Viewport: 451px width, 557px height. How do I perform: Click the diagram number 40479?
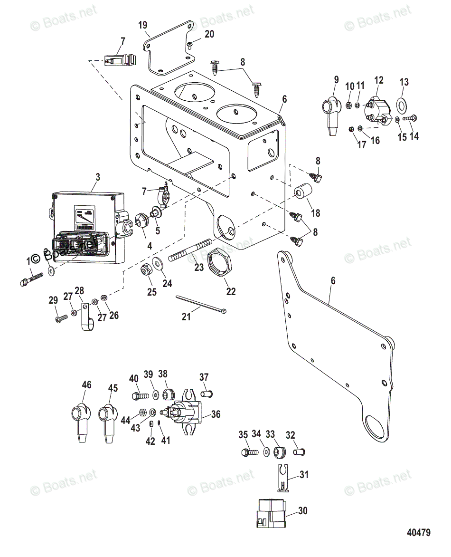click(x=418, y=532)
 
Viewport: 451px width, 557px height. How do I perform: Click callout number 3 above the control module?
click(x=98, y=177)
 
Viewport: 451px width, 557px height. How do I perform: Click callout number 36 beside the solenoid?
click(x=216, y=414)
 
